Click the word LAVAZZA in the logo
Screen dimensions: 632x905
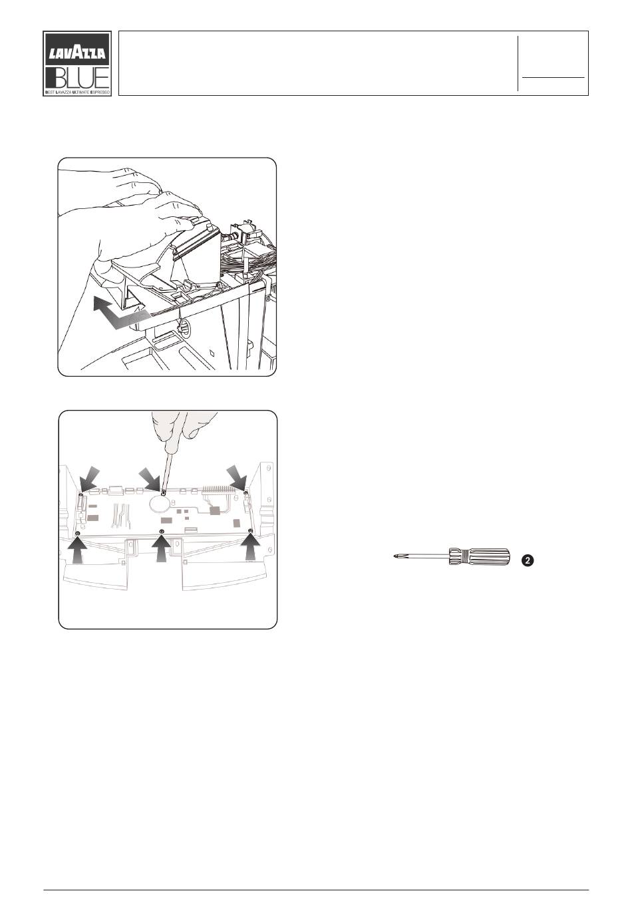point(77,53)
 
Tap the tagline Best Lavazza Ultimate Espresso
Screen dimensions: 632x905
point(77,92)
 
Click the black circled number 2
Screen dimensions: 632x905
point(528,560)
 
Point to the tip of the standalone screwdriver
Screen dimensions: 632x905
point(394,556)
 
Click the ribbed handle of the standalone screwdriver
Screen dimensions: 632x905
point(479,556)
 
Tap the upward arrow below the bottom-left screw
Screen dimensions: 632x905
point(78,549)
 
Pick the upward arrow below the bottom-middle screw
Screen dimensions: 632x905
point(162,548)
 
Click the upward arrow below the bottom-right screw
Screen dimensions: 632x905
point(250,547)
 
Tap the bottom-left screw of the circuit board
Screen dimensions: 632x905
point(78,534)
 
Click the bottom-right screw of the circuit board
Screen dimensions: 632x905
point(251,530)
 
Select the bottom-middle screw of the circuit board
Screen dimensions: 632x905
point(162,531)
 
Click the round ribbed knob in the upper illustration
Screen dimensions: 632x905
point(185,325)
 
